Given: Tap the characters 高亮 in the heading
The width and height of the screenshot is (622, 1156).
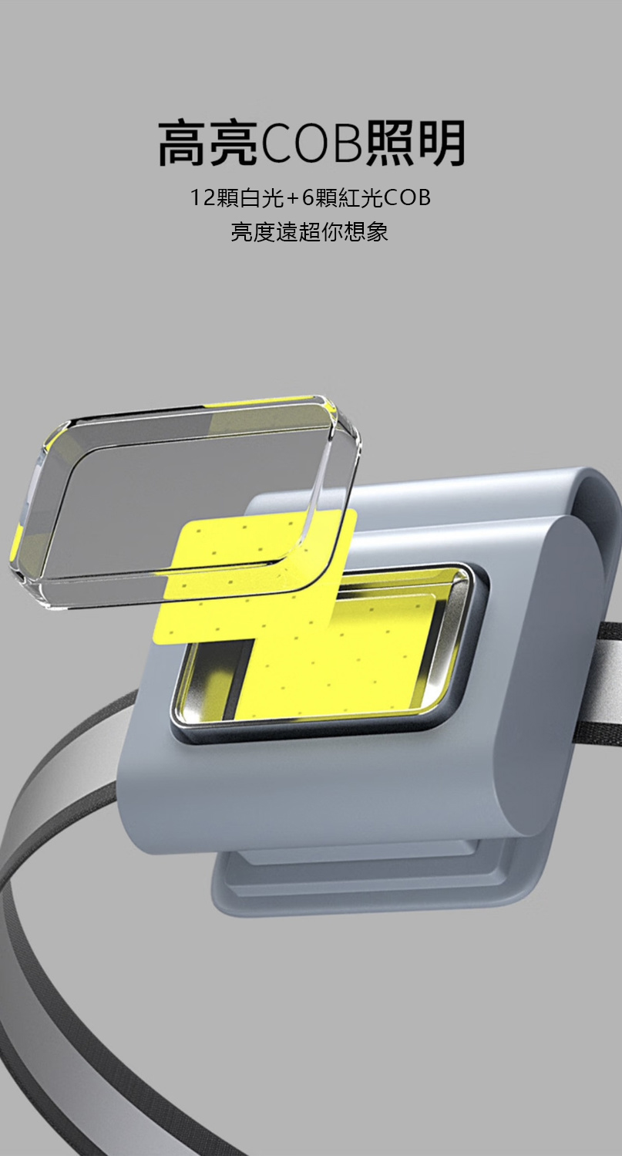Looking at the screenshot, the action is click(209, 143).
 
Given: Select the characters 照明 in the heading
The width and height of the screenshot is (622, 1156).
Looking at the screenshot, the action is click(415, 143).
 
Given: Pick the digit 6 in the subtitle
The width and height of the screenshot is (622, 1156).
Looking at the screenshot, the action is click(307, 197).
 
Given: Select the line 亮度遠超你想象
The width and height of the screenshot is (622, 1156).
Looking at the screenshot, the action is click(309, 232).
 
